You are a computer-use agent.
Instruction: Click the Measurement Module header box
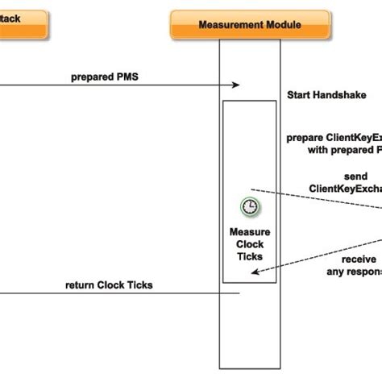(249, 25)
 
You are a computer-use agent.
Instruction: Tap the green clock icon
(251, 207)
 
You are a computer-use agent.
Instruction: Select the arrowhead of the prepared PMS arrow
(237, 85)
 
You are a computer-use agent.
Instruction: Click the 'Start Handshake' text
(321, 94)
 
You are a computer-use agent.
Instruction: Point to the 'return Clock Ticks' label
(109, 284)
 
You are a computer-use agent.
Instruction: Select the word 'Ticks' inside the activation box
(250, 256)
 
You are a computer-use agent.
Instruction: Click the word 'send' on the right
(355, 176)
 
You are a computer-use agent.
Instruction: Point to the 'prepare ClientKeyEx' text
(333, 138)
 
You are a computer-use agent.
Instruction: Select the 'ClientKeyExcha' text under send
(344, 189)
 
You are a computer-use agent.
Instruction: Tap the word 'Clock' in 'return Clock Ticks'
(114, 284)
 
